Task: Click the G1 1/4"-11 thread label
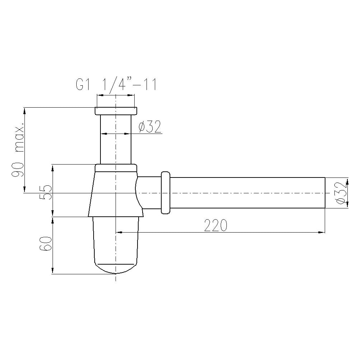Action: pos(116,84)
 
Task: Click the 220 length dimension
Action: pos(216,225)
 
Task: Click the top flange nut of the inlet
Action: pos(116,111)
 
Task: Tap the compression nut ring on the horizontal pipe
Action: pos(166,193)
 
